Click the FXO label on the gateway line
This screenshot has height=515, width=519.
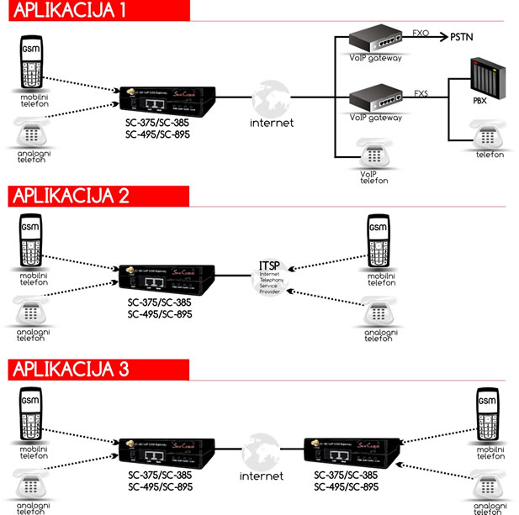pyautogui.click(x=421, y=33)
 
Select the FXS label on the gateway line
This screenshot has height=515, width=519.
pyautogui.click(x=421, y=93)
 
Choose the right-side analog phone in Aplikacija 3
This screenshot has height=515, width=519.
pyautogui.click(x=487, y=483)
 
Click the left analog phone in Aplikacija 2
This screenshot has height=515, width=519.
pyautogui.click(x=31, y=310)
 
